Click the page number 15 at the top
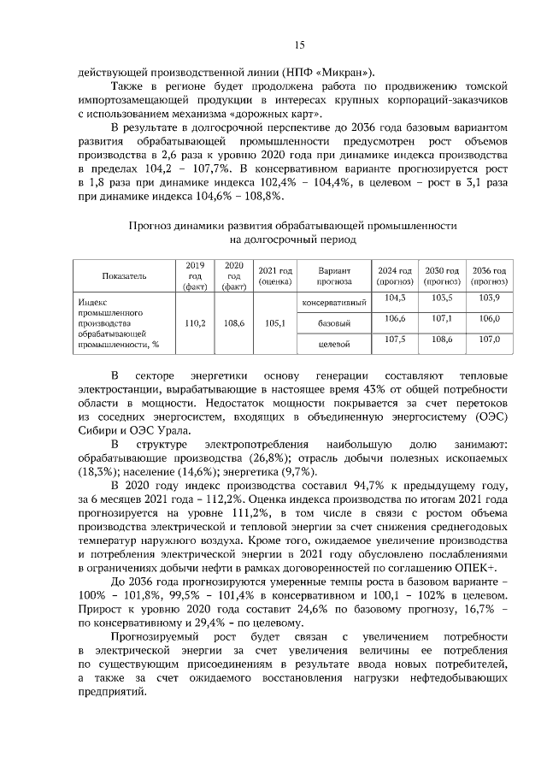click(x=299, y=45)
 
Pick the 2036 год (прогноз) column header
click(x=490, y=276)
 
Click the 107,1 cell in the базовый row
click(x=442, y=319)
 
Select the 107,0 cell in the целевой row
click(x=490, y=340)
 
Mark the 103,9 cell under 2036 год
click(x=490, y=298)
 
